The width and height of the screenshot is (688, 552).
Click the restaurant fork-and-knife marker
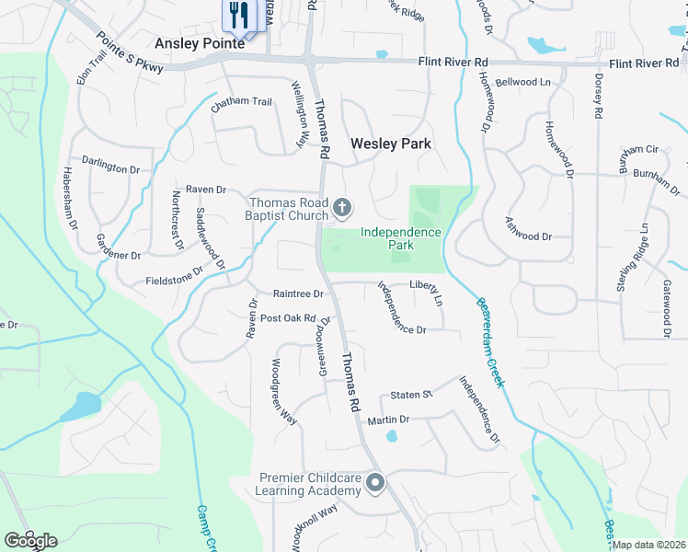(x=239, y=15)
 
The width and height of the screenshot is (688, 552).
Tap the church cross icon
(x=342, y=208)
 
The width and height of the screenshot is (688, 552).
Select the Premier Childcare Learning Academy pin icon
(x=375, y=482)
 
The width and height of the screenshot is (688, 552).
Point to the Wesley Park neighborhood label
(x=391, y=144)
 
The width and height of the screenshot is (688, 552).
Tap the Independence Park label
(x=400, y=239)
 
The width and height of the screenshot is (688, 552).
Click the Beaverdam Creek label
(x=489, y=341)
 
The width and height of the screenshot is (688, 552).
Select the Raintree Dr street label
(x=299, y=294)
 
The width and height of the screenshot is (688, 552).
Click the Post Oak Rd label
(x=288, y=318)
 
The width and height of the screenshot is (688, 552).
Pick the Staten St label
(x=411, y=395)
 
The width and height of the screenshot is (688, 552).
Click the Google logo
(x=30, y=540)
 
